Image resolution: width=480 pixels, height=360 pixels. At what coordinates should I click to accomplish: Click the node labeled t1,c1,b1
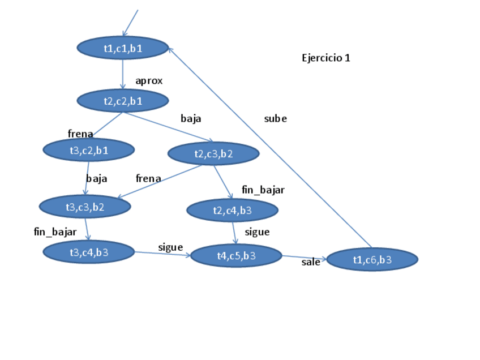(x=123, y=48)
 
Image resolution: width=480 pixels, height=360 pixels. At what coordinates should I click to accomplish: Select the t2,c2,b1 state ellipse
(x=123, y=101)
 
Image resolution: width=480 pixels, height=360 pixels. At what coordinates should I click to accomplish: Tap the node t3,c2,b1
(x=88, y=150)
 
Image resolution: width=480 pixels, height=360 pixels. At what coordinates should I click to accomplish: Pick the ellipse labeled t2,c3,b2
(x=213, y=153)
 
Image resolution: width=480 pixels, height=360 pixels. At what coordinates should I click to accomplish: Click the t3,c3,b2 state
(x=85, y=207)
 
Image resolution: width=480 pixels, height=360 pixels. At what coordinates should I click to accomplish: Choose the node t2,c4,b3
(x=232, y=211)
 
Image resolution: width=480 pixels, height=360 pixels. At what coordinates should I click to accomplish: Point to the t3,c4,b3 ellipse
(x=88, y=251)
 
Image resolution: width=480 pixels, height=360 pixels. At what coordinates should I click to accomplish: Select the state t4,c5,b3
(x=236, y=256)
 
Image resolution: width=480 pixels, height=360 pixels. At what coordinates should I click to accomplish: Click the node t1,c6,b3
(x=372, y=259)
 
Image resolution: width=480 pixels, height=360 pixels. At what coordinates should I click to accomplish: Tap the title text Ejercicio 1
(x=326, y=58)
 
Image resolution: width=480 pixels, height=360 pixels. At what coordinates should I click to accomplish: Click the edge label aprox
(x=149, y=81)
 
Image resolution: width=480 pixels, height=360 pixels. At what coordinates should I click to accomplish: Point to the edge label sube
(x=276, y=119)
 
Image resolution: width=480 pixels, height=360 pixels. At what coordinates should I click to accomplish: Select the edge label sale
(x=311, y=262)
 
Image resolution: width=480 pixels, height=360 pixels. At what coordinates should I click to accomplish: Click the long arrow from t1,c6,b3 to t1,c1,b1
(x=271, y=148)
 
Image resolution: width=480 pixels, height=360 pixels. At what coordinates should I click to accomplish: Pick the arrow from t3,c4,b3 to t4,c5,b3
(x=162, y=254)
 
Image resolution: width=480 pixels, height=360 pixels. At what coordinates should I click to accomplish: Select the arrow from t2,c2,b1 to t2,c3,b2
(x=169, y=127)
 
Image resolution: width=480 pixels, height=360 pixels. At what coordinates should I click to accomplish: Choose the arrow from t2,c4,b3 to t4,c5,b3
(x=234, y=232)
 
